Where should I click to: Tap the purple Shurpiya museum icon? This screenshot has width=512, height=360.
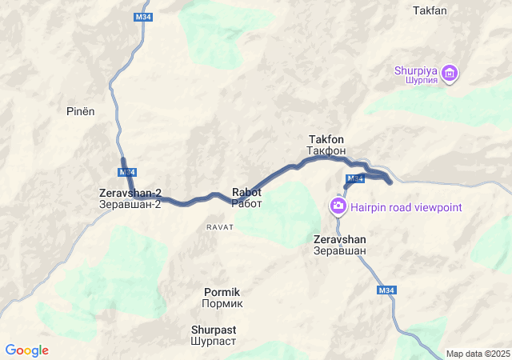click(450, 74)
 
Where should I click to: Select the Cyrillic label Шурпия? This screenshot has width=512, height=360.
click(415, 80)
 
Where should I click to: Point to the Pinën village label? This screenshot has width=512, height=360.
click(80, 111)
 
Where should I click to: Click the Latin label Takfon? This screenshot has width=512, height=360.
click(326, 139)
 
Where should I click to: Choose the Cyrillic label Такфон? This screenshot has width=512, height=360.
click(326, 150)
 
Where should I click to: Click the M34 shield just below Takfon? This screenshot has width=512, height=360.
click(355, 178)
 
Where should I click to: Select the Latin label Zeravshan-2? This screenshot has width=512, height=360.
click(130, 193)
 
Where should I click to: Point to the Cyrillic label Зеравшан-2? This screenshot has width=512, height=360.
click(130, 204)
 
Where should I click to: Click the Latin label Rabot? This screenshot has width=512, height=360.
click(246, 192)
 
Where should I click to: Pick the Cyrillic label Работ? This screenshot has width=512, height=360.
click(246, 203)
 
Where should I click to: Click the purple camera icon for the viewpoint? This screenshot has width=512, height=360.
click(338, 207)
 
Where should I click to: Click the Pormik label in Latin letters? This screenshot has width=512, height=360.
click(222, 292)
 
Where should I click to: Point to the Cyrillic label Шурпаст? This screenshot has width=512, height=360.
click(214, 341)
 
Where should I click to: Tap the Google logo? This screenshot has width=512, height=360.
click(26, 350)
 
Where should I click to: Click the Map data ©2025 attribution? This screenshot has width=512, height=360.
click(478, 354)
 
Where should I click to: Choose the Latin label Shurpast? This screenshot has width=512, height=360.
click(214, 329)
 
